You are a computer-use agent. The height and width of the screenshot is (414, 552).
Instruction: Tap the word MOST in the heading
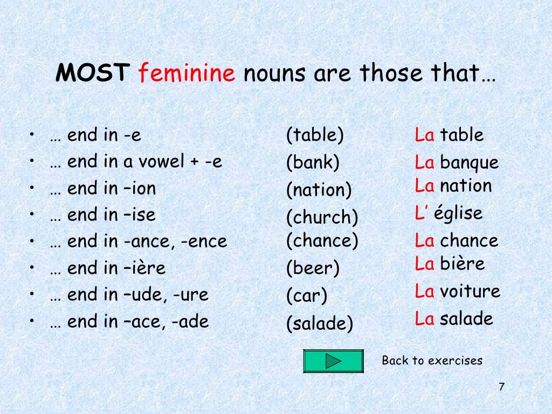93,73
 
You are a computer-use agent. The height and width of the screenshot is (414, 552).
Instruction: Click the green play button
333,361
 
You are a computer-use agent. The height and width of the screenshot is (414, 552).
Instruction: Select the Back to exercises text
432,361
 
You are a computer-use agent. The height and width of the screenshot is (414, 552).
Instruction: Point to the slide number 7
501,387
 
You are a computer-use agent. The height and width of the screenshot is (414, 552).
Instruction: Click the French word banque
469,163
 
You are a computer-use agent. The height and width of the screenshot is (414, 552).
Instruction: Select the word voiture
470,292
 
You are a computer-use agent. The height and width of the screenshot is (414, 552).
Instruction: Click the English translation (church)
322,217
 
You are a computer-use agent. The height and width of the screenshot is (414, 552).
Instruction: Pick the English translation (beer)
313,268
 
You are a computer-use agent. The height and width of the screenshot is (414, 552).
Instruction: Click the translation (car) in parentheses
307,296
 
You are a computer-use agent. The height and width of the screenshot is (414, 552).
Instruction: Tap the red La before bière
424,264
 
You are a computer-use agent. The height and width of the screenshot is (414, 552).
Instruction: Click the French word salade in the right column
466,319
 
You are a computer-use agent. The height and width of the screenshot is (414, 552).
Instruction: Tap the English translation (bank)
313,162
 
